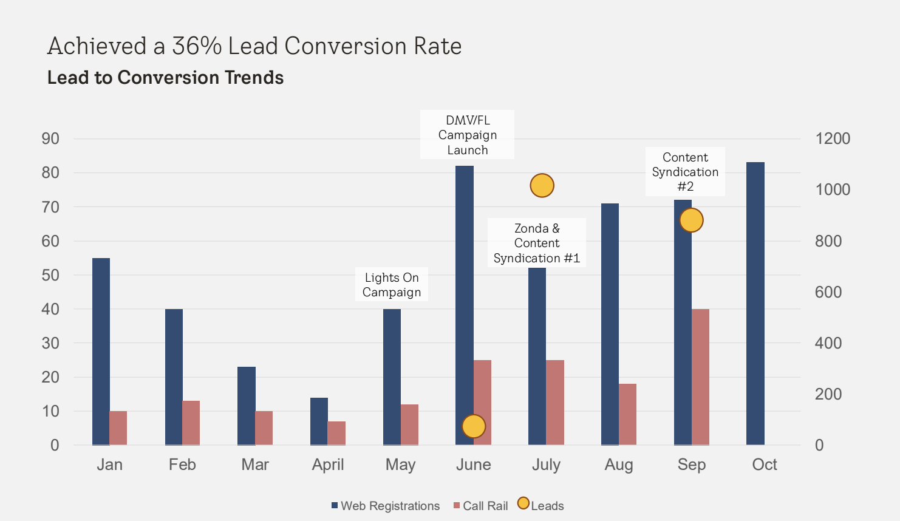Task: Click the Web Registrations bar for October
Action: (755, 304)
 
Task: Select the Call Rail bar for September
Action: (700, 376)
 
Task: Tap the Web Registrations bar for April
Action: (319, 421)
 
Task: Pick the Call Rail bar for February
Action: (191, 423)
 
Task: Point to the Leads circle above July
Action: (542, 185)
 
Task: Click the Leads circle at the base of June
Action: (474, 426)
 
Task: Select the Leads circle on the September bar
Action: (691, 220)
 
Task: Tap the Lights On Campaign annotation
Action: (392, 285)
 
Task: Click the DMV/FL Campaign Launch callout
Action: (468, 135)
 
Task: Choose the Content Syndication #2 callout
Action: (685, 172)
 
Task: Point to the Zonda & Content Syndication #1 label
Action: (537, 243)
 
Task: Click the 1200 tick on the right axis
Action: (832, 138)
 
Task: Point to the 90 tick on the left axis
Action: (50, 138)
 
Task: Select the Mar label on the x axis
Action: (255, 465)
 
